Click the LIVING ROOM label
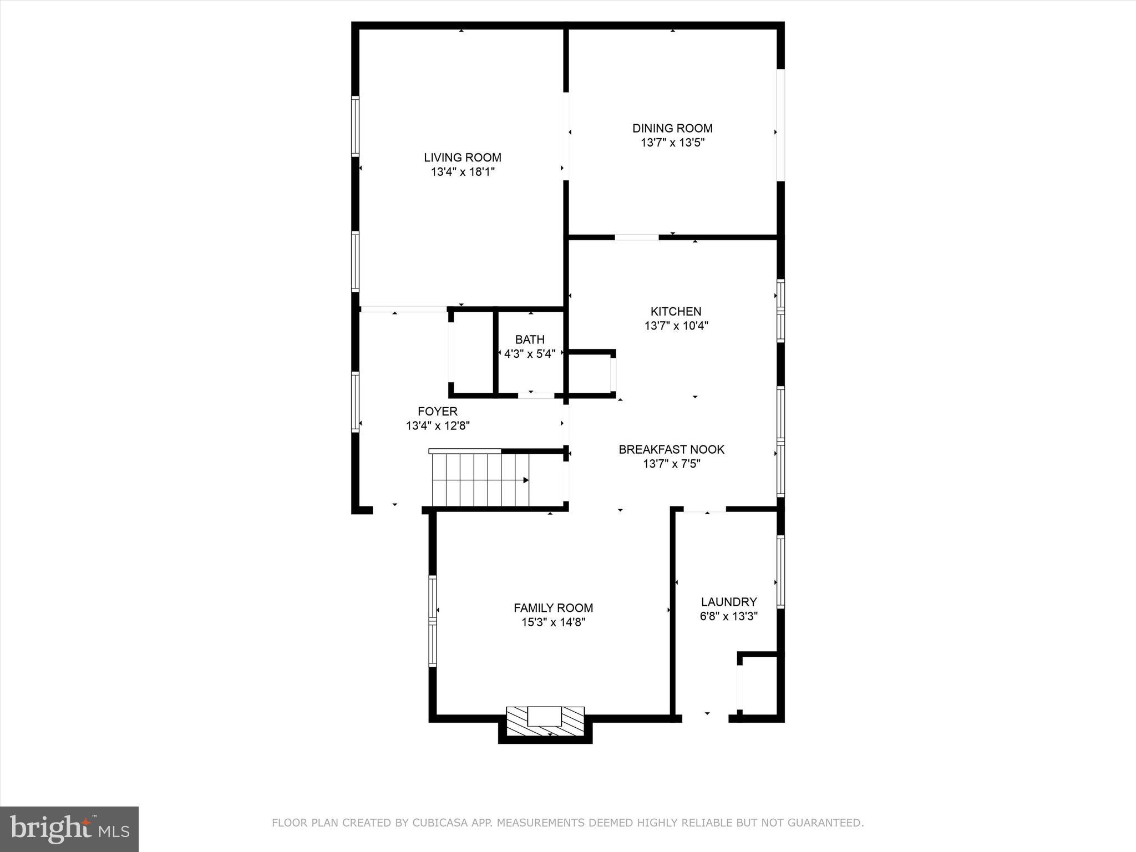(463, 158)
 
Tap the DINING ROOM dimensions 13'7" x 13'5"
(672, 143)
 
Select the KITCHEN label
(676, 311)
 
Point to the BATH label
(530, 339)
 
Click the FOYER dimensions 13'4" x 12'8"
(438, 426)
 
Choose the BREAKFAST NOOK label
(671, 449)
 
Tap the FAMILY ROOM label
(553, 608)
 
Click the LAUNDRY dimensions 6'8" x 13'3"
(728, 616)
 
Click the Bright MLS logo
(69, 829)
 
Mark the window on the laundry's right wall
(780, 572)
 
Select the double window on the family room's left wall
(433, 621)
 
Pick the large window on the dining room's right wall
(780, 125)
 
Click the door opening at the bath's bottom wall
(536, 395)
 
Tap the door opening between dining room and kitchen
(636, 237)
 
